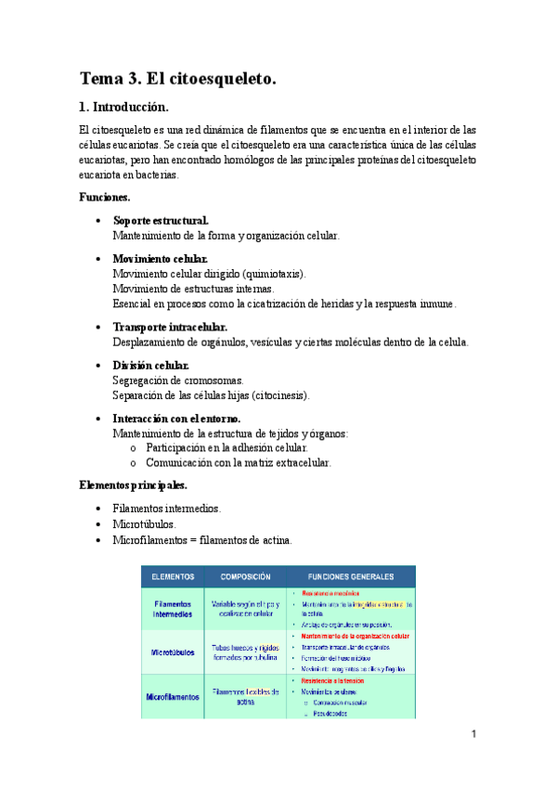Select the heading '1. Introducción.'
coord(124,108)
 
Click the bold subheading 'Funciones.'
coord(104,198)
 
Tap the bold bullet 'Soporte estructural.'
coord(161,221)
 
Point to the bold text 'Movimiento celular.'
coord(160,259)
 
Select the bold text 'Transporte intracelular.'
coord(169,327)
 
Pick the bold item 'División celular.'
coord(150,366)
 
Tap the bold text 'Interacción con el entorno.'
coord(176,419)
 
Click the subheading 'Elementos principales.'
coord(133,484)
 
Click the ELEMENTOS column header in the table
coord(172,576)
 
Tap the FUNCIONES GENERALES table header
coord(350,576)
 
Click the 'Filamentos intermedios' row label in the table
coord(174,608)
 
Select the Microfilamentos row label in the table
coord(174,696)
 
